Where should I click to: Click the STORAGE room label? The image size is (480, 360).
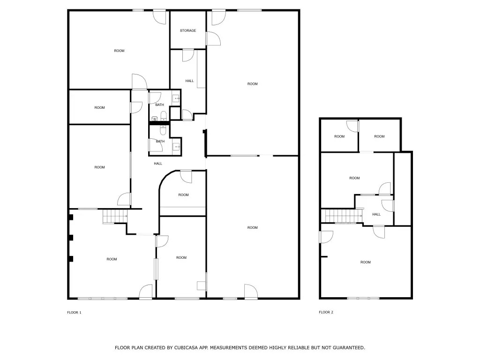click(x=187, y=30)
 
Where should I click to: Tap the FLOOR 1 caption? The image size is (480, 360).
click(x=74, y=313)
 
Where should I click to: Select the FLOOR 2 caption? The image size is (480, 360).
click(x=326, y=312)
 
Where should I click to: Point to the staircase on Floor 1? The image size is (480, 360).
click(x=115, y=217)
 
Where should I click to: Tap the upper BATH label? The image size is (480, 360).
click(x=159, y=105)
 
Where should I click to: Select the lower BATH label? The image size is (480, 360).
click(x=160, y=142)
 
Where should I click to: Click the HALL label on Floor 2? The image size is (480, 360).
click(x=376, y=214)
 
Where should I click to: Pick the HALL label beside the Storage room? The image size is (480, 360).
click(x=189, y=81)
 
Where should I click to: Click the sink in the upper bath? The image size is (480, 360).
click(x=176, y=98)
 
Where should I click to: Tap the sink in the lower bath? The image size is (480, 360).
click(x=176, y=147)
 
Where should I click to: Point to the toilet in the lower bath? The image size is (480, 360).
click(x=163, y=130)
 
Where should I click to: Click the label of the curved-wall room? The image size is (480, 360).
click(x=183, y=195)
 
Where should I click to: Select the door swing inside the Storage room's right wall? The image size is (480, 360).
click(x=213, y=38)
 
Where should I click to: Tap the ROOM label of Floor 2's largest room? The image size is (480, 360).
click(x=366, y=262)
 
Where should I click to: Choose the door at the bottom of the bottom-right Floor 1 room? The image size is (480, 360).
click(x=251, y=291)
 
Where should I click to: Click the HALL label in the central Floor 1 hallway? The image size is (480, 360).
click(x=158, y=164)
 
